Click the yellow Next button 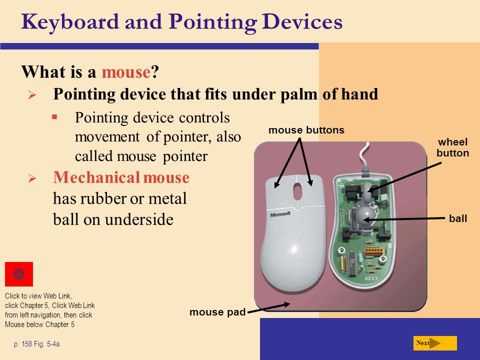pyautogui.click(x=435, y=343)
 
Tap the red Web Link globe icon pyautogui.click(x=19, y=274)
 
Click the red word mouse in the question pyautogui.click(x=126, y=72)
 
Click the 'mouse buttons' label pyautogui.click(x=306, y=130)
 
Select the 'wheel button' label pyautogui.click(x=453, y=147)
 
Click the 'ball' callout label pyautogui.click(x=458, y=218)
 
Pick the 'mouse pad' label pyautogui.click(x=217, y=312)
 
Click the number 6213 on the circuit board pyautogui.click(x=371, y=278)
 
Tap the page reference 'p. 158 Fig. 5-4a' pyautogui.click(x=36, y=344)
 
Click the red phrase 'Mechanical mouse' pyautogui.click(x=121, y=177)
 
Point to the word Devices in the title pyautogui.click(x=302, y=22)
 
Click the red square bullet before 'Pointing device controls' pyautogui.click(x=54, y=116)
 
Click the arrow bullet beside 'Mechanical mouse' pyautogui.click(x=32, y=178)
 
